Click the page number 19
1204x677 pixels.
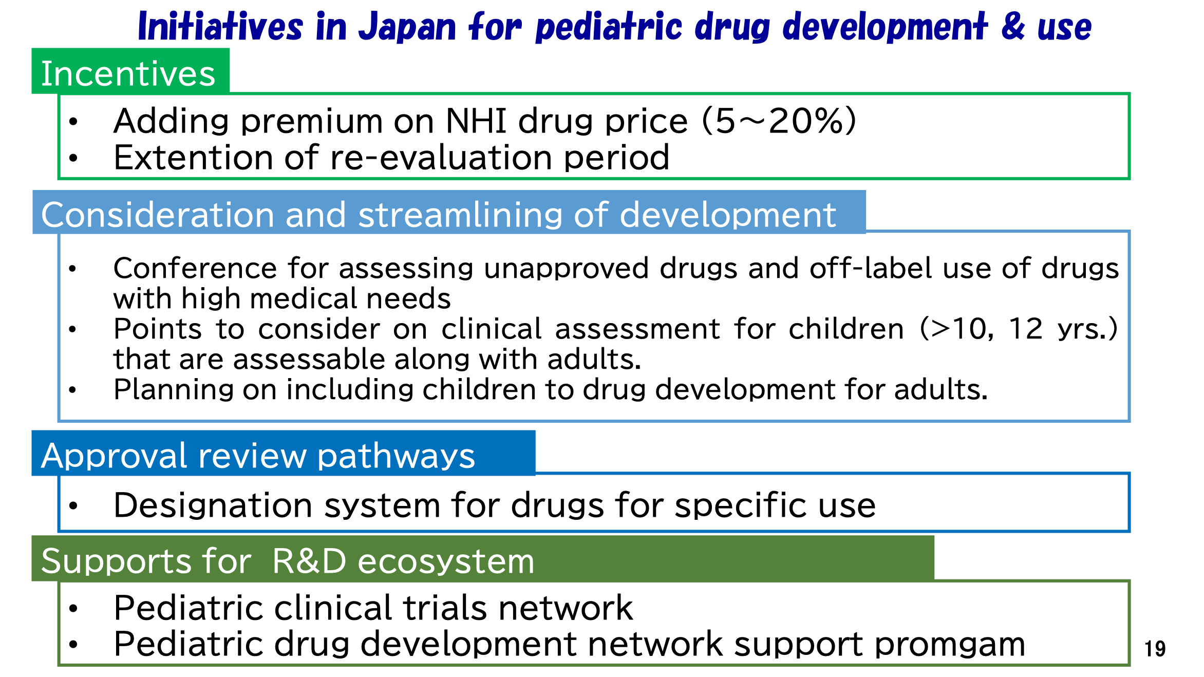pyautogui.click(x=1155, y=649)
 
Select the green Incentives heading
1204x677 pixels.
pyautogui.click(x=128, y=73)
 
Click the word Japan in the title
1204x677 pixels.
pyautogui.click(x=407, y=27)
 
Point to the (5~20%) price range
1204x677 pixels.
pyautogui.click(x=779, y=121)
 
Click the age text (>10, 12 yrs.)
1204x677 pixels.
pyautogui.click(x=1019, y=329)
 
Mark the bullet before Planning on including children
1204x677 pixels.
pyautogui.click(x=72, y=390)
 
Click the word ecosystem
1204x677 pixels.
pyautogui.click(x=446, y=561)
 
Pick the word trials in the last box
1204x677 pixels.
pyautogui.click(x=445, y=608)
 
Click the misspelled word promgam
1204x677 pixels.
pyautogui.click(x=950, y=645)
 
